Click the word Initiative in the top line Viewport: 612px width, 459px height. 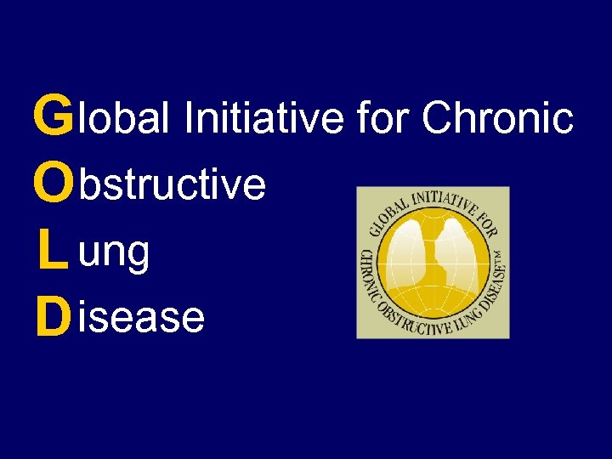coord(263,119)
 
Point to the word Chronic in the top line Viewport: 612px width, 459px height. coord(497,119)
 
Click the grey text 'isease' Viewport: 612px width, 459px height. coord(140,318)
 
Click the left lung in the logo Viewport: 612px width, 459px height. coord(408,252)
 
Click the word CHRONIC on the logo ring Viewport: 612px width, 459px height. coord(368,273)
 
